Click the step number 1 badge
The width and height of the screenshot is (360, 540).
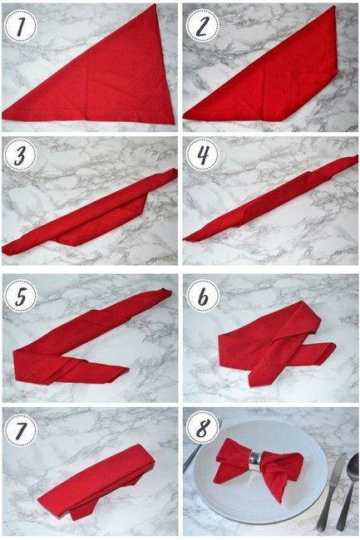pyautogui.click(x=19, y=26)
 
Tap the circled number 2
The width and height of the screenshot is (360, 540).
pyautogui.click(x=200, y=26)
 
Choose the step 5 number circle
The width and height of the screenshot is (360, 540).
pyautogui.click(x=19, y=295)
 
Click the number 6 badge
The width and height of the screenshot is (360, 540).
pyautogui.click(x=200, y=295)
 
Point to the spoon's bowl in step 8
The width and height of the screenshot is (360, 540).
pyautogui.click(x=353, y=465)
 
